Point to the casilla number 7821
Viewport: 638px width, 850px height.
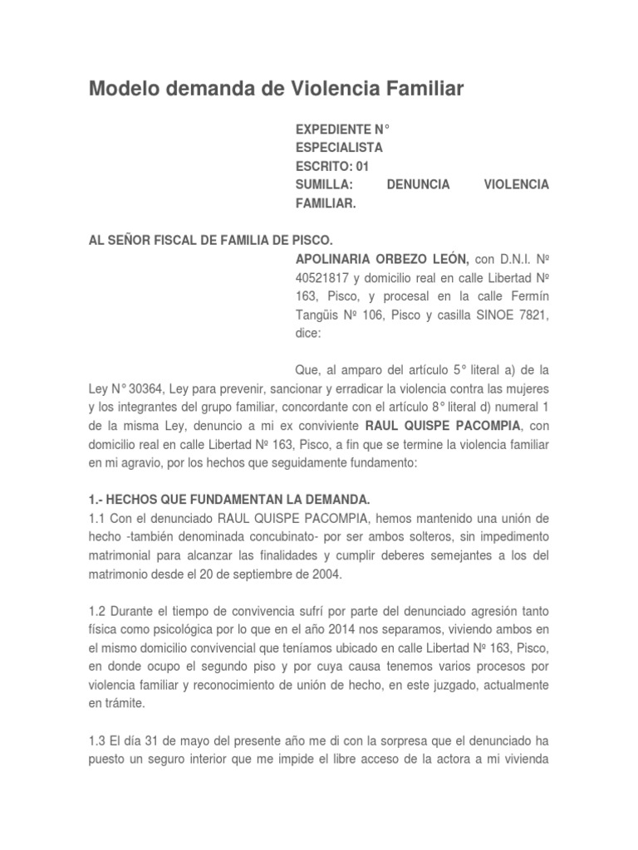click(532, 315)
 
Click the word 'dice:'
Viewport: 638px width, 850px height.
click(310, 333)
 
